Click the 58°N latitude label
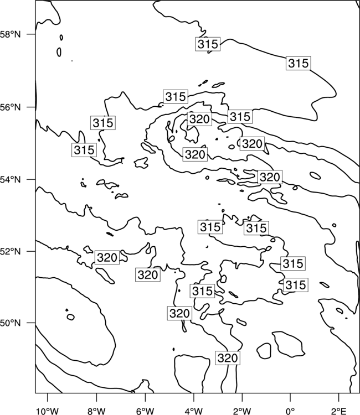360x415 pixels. (x=11, y=34)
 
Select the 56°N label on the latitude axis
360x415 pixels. (x=11, y=107)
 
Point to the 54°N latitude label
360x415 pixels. (x=11, y=179)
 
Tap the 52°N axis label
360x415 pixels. (x=11, y=251)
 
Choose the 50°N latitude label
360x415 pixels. (x=11, y=323)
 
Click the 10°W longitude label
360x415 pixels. (x=48, y=411)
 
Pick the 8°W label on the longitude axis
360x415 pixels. (x=96, y=411)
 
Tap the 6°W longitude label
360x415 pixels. (x=145, y=411)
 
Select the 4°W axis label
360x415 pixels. (x=194, y=411)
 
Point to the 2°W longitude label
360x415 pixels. (x=242, y=411)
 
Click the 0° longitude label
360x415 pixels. (x=291, y=411)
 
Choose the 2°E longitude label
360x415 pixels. (x=339, y=411)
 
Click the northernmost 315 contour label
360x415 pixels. (x=208, y=44)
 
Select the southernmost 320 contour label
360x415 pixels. (x=228, y=358)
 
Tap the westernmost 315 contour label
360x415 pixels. (x=84, y=150)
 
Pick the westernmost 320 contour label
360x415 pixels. (x=107, y=257)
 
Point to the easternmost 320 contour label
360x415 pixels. (x=270, y=177)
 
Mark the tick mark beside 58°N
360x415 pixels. (x=31, y=34)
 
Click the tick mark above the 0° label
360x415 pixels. (x=291, y=397)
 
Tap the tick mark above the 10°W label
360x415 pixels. (x=48, y=397)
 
